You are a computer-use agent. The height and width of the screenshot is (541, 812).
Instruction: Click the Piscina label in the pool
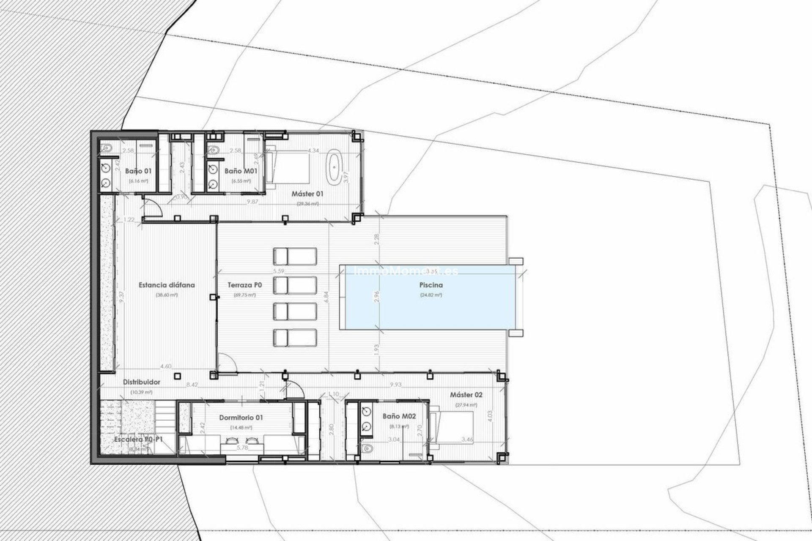coord(431,285)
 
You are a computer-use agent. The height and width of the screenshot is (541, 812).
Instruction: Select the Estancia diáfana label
coord(167,285)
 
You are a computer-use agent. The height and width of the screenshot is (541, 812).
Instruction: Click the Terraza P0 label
coord(244,285)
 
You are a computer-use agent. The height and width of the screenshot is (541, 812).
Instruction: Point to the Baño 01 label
coord(138,171)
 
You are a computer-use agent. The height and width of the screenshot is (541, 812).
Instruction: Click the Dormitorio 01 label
coord(241,417)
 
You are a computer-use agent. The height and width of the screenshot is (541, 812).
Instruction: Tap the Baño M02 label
coord(399,416)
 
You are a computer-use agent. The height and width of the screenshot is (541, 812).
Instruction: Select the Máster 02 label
coord(466,395)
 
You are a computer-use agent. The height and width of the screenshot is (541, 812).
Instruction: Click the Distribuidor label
coord(141,382)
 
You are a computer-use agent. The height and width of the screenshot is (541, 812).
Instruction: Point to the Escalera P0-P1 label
coord(138,440)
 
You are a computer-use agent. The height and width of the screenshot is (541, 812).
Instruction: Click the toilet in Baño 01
coord(107,148)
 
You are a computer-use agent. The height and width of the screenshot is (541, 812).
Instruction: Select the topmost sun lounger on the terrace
coord(295,256)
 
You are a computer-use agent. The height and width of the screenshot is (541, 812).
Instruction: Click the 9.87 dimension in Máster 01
coord(252,202)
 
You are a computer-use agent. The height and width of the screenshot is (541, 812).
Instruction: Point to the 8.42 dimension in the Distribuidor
coord(192,385)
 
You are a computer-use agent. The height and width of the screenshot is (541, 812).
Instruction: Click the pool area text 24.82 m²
coord(431,295)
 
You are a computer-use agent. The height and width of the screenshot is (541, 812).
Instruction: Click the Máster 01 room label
coord(307,194)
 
